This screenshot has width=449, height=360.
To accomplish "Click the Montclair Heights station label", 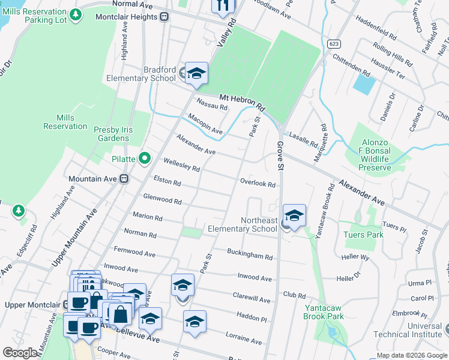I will [x=127, y=17].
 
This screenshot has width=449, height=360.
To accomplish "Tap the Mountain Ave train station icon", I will [x=124, y=179].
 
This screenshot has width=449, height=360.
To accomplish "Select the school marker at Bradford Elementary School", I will [x=196, y=74].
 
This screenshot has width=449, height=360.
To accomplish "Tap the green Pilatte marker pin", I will [x=144, y=159].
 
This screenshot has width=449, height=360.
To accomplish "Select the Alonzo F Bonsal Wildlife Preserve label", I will [x=375, y=155].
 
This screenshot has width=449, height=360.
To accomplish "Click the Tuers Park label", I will [x=363, y=235].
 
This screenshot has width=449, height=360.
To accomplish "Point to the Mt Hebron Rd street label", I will [x=242, y=101].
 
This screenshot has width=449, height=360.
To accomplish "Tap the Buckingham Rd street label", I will [x=250, y=254].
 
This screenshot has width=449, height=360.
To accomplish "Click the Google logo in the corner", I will [x=20, y=353].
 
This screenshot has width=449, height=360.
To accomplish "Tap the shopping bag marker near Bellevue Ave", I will [x=120, y=314].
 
